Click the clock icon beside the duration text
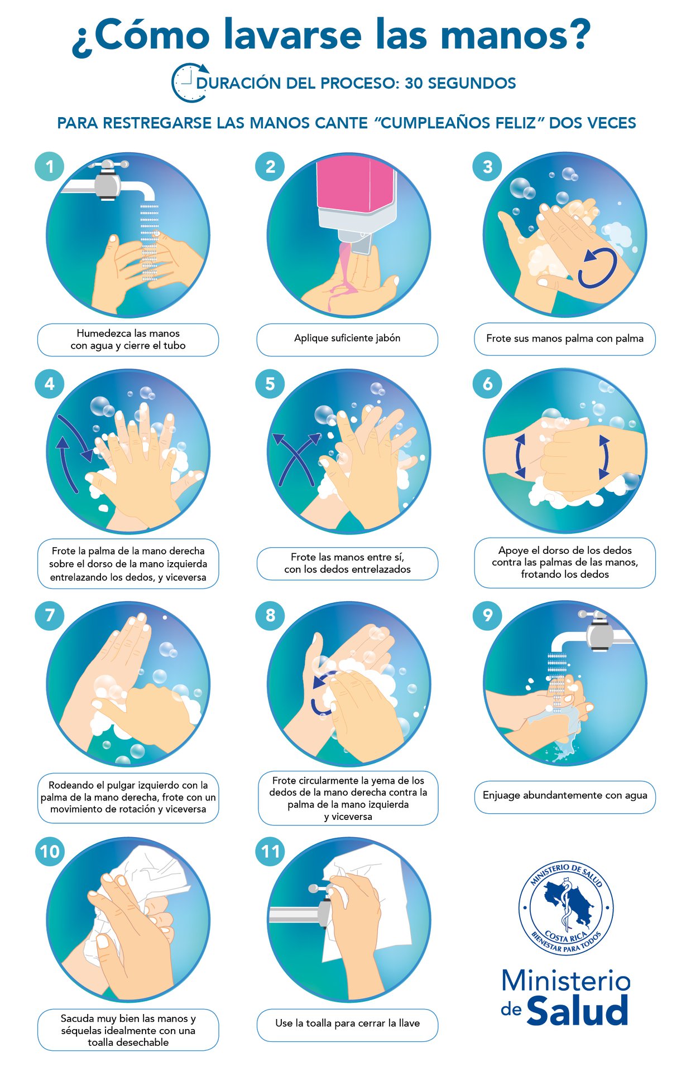189,83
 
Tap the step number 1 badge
49,166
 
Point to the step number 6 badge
487,384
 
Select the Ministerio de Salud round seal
566,907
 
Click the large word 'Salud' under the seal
577,1011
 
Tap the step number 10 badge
50,851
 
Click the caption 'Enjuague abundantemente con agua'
565,795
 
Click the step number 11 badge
270,851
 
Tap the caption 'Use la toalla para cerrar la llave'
347,1023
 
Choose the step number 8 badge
270,615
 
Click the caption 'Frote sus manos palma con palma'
565,339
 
